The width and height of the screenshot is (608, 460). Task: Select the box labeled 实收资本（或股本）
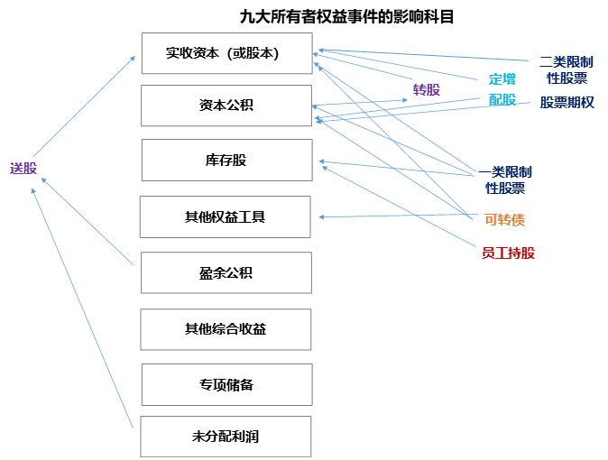pyautogui.click(x=226, y=53)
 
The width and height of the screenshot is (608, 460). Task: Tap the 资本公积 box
pyautogui.click(x=226, y=106)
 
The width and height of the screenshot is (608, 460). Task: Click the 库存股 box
pyautogui.click(x=226, y=161)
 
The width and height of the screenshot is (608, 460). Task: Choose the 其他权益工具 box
pyautogui.click(x=225, y=217)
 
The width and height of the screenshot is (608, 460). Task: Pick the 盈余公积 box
pyautogui.click(x=226, y=272)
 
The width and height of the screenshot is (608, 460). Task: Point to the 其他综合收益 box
pyautogui.click(x=226, y=329)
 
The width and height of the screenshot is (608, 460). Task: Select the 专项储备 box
pyautogui.click(x=226, y=385)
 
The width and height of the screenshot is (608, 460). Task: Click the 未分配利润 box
pyautogui.click(x=226, y=437)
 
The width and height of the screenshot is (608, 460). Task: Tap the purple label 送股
pyautogui.click(x=23, y=169)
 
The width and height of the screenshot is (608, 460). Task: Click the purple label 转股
pyautogui.click(x=427, y=89)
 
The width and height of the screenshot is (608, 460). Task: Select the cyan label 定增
pyautogui.click(x=503, y=78)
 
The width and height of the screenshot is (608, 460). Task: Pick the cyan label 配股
pyautogui.click(x=502, y=100)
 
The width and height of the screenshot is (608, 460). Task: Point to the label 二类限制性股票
pyautogui.click(x=567, y=69)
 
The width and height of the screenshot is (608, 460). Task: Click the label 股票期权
pyautogui.click(x=567, y=102)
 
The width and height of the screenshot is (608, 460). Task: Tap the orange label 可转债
pyautogui.click(x=504, y=219)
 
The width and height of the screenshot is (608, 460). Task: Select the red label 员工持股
pyautogui.click(x=509, y=253)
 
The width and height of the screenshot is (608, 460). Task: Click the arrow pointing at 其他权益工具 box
pyautogui.click(x=397, y=216)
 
